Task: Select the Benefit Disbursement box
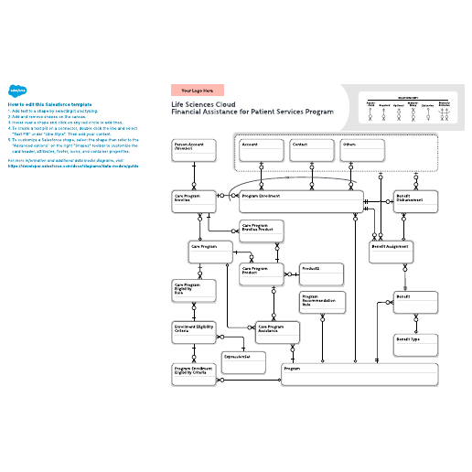413,201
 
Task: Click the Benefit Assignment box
392,250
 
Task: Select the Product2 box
322,273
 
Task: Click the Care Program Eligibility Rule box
193,291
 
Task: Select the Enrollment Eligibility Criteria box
193,331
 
